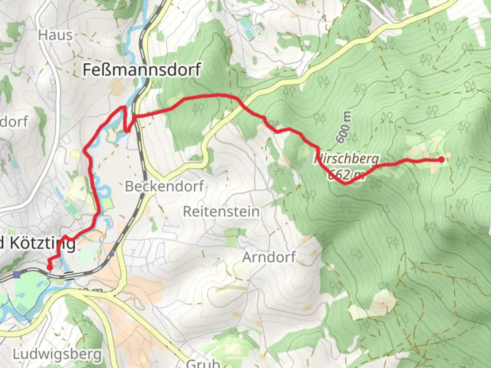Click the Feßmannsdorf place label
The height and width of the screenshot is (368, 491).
(142, 70)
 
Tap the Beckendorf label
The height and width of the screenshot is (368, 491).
(164, 186)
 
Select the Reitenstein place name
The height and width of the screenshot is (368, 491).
(221, 212)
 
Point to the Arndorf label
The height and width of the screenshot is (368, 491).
(269, 257)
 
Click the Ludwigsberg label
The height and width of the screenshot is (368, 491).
(57, 354)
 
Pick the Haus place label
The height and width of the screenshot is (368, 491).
(55, 35)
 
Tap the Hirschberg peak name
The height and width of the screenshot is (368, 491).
(346, 159)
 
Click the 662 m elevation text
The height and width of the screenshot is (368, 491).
(346, 175)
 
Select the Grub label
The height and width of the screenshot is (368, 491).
(203, 363)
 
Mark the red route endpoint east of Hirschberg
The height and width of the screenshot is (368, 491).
(442, 159)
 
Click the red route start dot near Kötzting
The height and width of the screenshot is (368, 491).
(50, 268)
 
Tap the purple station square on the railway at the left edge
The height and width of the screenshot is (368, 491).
(16, 274)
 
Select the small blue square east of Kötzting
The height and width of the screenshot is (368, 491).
(112, 254)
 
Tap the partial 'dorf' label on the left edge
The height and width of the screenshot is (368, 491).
(14, 122)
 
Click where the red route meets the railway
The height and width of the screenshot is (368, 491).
(135, 117)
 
